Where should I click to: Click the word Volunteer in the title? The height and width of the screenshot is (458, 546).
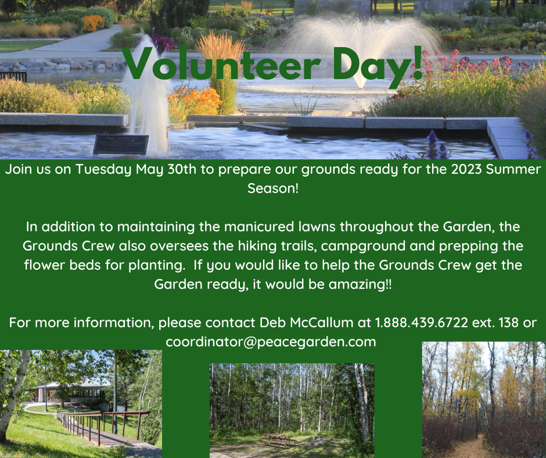click(x=221, y=64)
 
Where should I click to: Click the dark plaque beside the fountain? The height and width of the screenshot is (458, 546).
click(x=121, y=144)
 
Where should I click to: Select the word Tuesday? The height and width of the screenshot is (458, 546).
click(x=103, y=170)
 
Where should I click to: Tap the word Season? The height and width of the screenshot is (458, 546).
click(x=273, y=188)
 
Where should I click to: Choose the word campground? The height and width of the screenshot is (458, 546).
click(x=363, y=246)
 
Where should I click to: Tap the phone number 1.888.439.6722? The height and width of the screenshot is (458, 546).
click(x=421, y=323)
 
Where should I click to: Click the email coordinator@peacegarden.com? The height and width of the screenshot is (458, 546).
click(x=271, y=342)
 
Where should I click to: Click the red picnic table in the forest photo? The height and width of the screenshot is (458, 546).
click(x=276, y=440)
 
